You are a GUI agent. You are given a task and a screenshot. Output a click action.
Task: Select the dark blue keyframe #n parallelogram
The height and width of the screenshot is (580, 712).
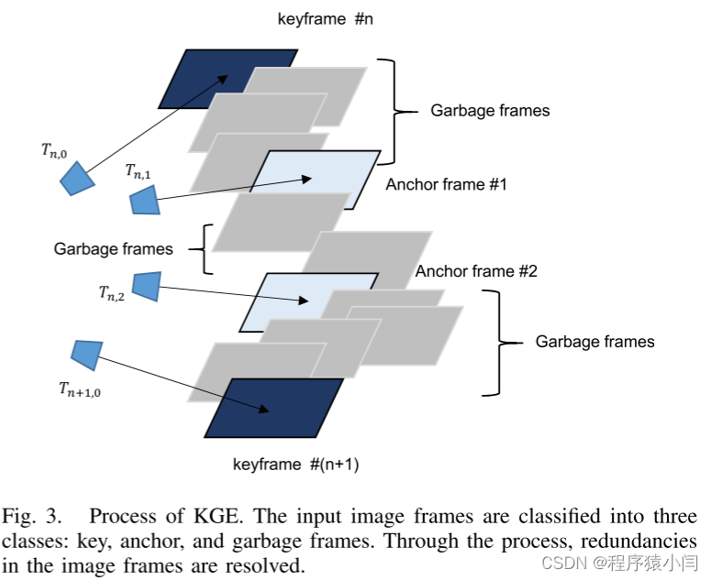pyautogui.click(x=197, y=78)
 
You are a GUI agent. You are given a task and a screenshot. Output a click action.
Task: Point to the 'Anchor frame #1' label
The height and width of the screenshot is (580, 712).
pyautogui.click(x=446, y=184)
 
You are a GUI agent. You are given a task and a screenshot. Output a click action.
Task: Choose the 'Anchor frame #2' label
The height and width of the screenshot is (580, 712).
pyautogui.click(x=476, y=271)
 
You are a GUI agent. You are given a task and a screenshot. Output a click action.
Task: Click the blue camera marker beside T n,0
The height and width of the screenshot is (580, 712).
pyautogui.click(x=76, y=178)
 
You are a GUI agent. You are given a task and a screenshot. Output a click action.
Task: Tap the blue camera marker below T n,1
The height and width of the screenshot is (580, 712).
pyautogui.click(x=144, y=200)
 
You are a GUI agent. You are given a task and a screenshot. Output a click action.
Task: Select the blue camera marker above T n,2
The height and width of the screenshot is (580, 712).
pyautogui.click(x=146, y=285)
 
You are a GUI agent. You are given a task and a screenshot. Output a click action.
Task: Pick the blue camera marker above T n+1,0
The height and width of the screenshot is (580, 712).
pyautogui.click(x=85, y=353)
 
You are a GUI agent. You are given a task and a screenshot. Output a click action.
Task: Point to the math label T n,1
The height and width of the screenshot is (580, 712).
pyautogui.click(x=139, y=171)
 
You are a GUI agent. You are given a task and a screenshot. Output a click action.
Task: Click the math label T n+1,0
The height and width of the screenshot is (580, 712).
pyautogui.click(x=83, y=390)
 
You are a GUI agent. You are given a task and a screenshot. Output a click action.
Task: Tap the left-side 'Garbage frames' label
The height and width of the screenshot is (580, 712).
pyautogui.click(x=113, y=248)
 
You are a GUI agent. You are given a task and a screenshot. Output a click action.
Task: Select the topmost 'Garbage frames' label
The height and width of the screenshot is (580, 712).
pyautogui.click(x=490, y=111)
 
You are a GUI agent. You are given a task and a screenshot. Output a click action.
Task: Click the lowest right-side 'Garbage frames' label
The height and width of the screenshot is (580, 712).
pyautogui.click(x=595, y=342)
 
